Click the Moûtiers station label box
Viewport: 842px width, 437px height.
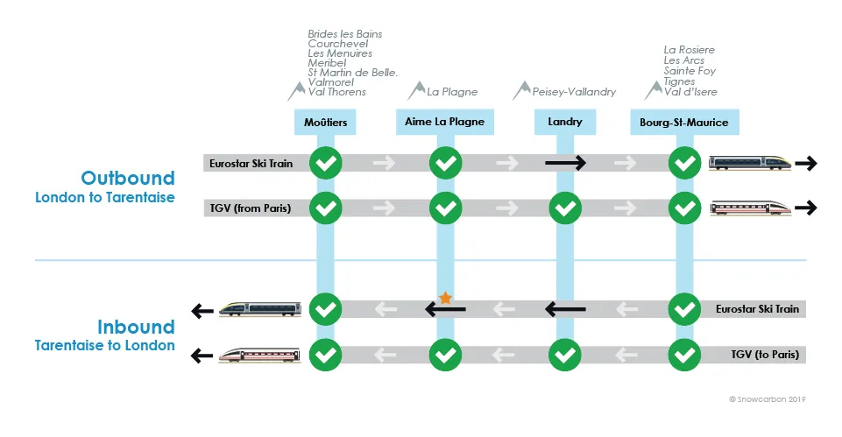pyautogui.click(x=325, y=122)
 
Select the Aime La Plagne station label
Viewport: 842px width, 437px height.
pyautogui.click(x=444, y=122)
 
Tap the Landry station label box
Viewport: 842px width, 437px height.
pyautogui.click(x=565, y=122)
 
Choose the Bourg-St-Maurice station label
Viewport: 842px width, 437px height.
pyautogui.click(x=684, y=122)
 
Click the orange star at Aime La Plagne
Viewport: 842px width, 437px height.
pyautogui.click(x=445, y=298)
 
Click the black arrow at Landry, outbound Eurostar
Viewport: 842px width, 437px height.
pyautogui.click(x=565, y=163)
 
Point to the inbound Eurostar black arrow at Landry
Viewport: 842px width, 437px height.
pyautogui.click(x=565, y=309)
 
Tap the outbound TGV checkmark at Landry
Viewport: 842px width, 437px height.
pyautogui.click(x=565, y=208)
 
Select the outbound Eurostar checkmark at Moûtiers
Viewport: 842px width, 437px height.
pyautogui.click(x=325, y=163)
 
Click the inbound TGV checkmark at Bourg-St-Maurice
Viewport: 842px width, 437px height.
pyautogui.click(x=684, y=355)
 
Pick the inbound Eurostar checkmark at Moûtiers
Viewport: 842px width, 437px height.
pyautogui.click(x=325, y=309)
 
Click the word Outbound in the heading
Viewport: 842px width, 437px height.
pyautogui.click(x=128, y=178)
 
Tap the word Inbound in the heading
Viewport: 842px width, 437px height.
pyautogui.click(x=136, y=327)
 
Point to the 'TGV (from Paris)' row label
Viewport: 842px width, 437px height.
pyautogui.click(x=251, y=208)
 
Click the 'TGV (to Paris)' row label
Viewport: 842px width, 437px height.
pyautogui.click(x=765, y=355)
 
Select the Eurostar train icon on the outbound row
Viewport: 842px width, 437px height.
pyautogui.click(x=750, y=163)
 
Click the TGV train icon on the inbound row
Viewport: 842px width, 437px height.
pyautogui.click(x=259, y=355)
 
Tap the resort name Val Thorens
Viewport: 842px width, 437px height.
pyautogui.click(x=336, y=92)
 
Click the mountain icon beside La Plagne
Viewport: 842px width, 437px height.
pyautogui.click(x=416, y=91)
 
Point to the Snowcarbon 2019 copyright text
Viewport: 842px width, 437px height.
pyautogui.click(x=768, y=398)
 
